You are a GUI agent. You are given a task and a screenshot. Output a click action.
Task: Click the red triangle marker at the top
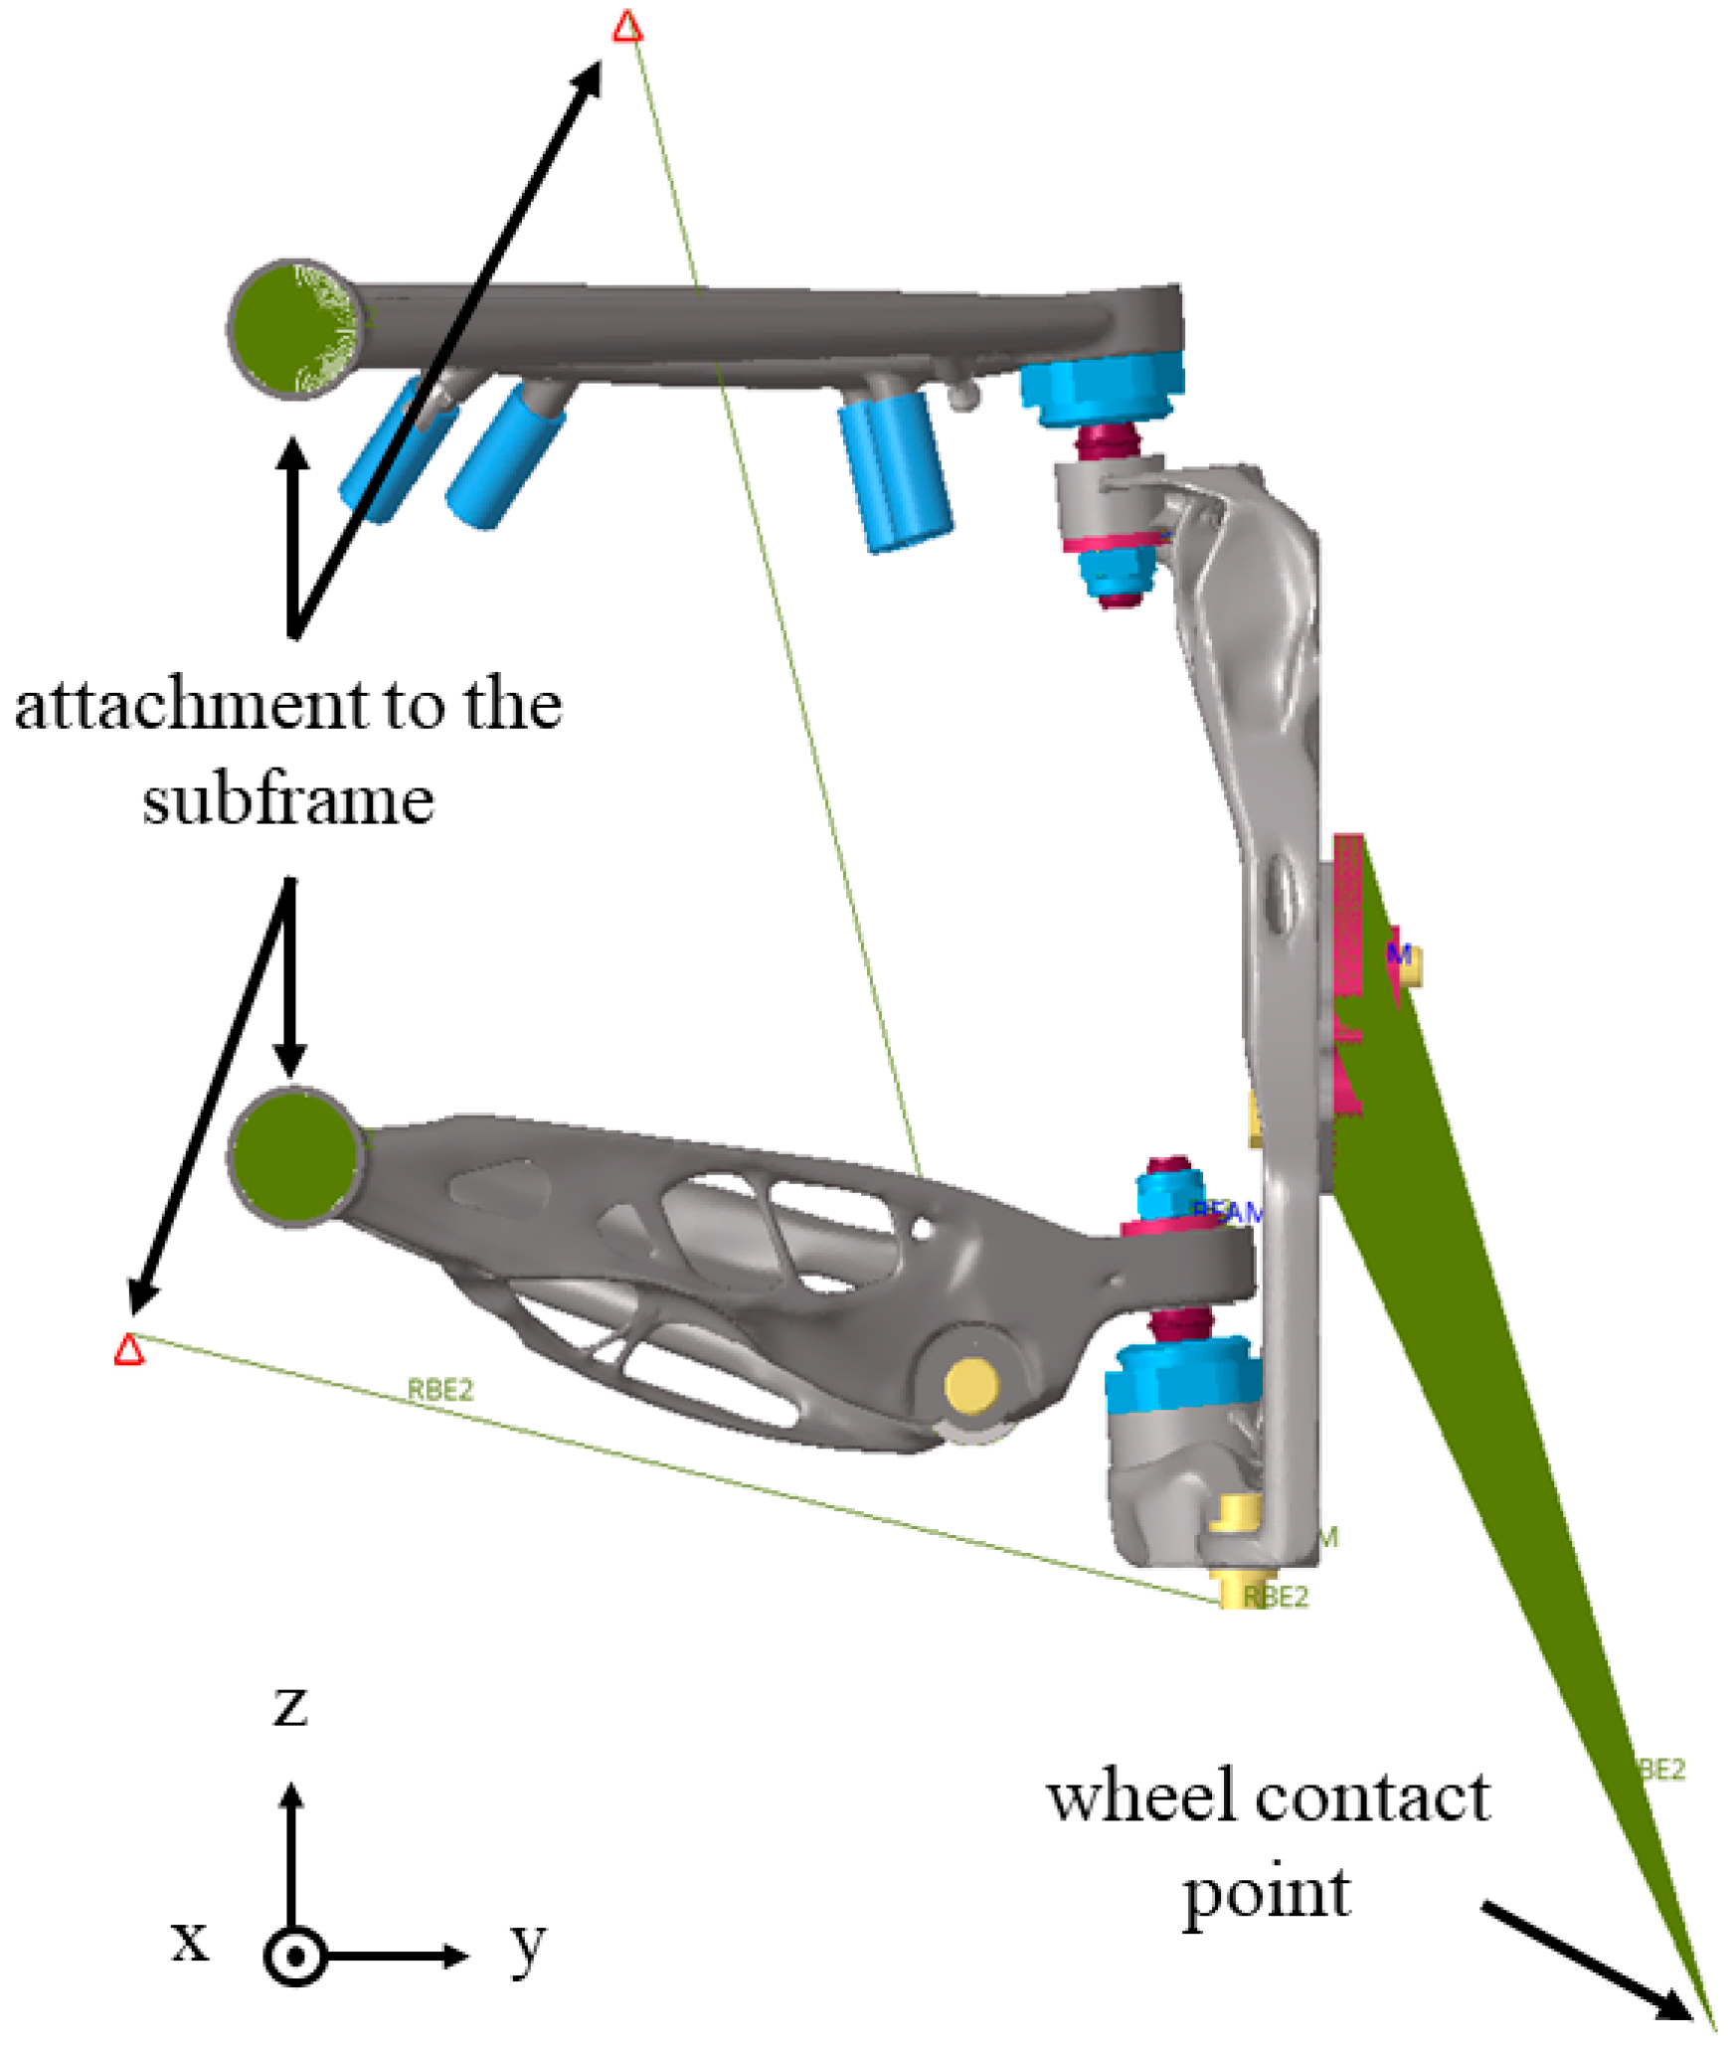(x=626, y=27)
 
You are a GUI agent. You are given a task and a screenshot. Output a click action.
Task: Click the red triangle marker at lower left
(x=128, y=1350)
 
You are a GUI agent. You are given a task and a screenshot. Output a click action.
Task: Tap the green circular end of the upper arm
(x=294, y=328)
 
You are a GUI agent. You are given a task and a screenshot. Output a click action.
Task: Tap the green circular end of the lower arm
(x=294, y=1156)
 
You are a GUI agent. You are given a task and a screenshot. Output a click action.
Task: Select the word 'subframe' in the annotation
(x=287, y=799)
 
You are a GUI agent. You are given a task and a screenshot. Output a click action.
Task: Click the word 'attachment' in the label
(x=190, y=705)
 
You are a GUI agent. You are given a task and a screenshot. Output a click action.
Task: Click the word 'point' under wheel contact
(x=1266, y=1895)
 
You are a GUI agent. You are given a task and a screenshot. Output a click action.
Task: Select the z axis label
(x=290, y=1706)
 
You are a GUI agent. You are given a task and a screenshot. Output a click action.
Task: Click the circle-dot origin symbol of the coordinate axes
(x=294, y=1957)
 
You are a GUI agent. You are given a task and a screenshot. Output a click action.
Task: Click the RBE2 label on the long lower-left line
(x=440, y=1389)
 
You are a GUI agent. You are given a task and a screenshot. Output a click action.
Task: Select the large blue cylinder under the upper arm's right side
(x=894, y=467)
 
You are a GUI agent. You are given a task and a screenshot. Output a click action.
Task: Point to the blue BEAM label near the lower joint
(x=1227, y=1212)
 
